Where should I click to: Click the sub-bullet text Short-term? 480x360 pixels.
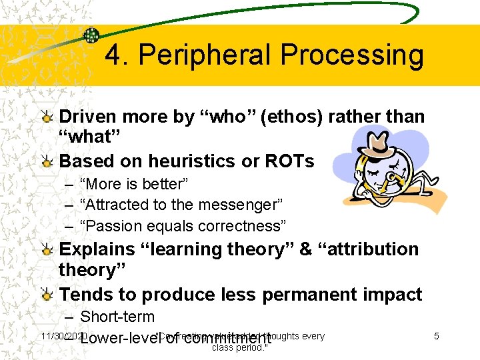tap(117, 317)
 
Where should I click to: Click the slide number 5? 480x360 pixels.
tap(436, 336)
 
